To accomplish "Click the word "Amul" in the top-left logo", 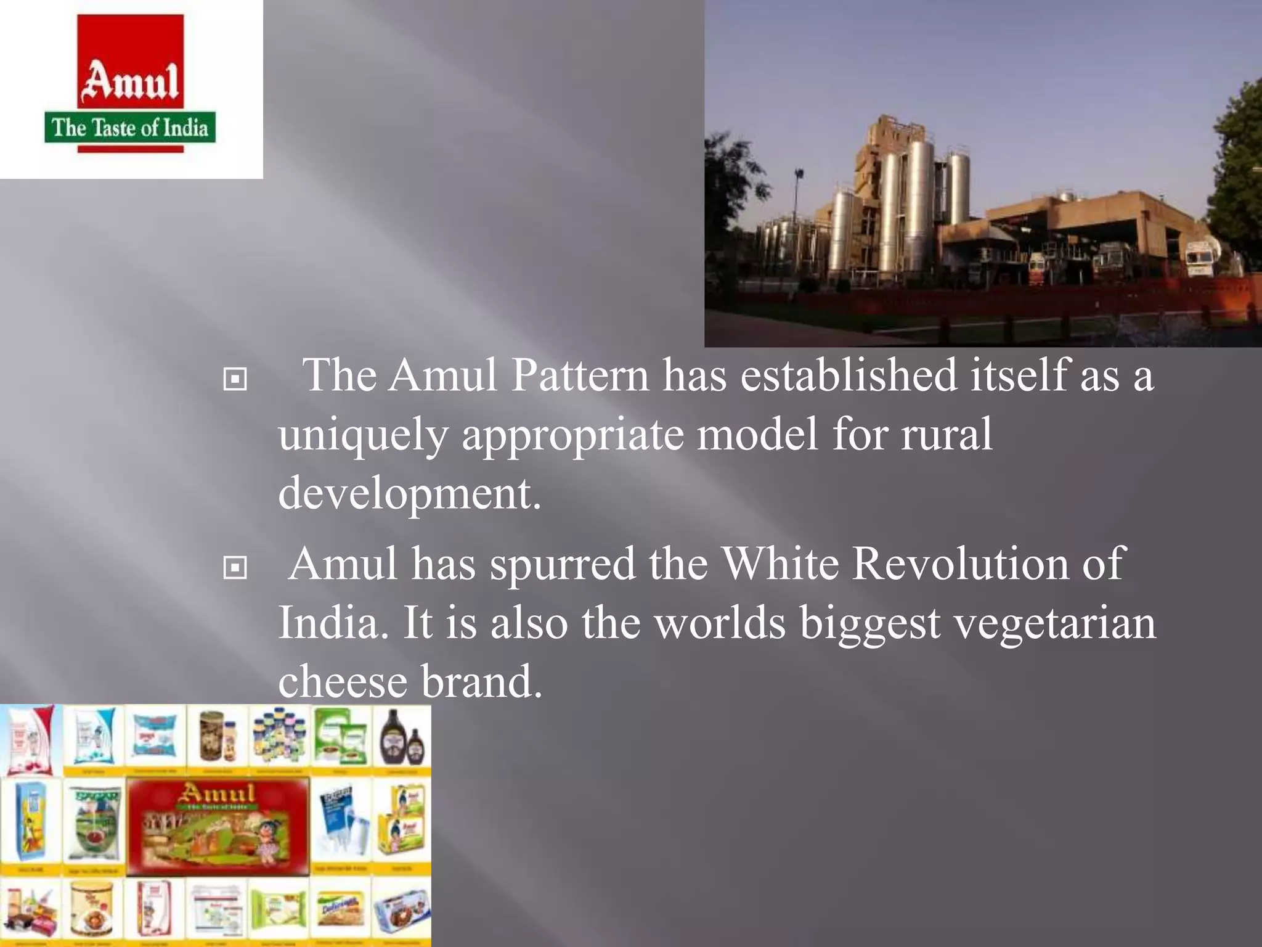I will [131, 82].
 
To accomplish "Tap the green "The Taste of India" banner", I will [130, 128].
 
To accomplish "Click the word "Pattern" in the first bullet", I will [580, 375].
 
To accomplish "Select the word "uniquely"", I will [363, 435].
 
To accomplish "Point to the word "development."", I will [410, 493].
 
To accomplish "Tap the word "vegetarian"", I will [1054, 623].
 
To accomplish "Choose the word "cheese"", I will [343, 681].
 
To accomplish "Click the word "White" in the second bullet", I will [780, 564].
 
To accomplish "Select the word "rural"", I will [947, 433].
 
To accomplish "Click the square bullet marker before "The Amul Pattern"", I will [235, 379].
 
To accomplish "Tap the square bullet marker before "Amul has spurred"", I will [235, 567].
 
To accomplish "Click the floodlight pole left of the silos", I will [799, 203].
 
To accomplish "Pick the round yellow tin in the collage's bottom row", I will [91, 910].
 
